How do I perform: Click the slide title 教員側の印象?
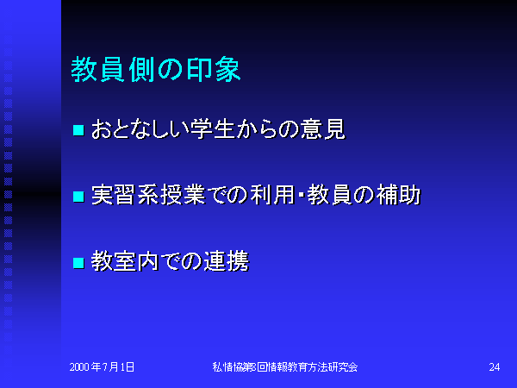156,69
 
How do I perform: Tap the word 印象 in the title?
214,69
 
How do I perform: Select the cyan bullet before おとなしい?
78,130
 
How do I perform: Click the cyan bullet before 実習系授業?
78,197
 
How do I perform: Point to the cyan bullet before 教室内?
78,263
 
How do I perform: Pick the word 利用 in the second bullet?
272,195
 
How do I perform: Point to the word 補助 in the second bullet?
399,195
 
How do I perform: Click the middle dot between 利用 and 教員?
301,196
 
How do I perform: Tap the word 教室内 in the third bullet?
125,261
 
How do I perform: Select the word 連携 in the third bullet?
227,261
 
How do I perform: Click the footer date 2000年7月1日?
102,367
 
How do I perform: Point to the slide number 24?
495,367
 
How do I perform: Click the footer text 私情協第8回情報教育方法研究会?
285,367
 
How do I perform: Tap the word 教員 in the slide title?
97,69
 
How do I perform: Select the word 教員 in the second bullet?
329,195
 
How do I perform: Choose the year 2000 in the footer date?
79,367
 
